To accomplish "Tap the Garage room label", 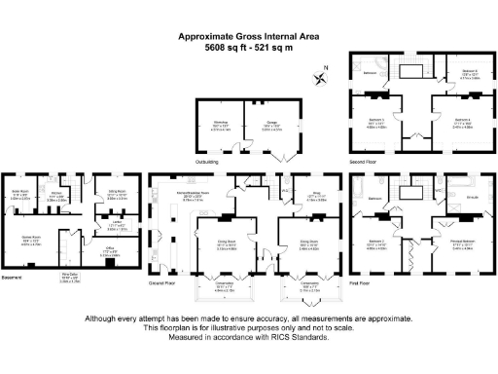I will pos(258,122).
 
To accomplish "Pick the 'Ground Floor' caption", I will pos(161,289).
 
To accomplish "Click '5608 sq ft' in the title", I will pos(228,48).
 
